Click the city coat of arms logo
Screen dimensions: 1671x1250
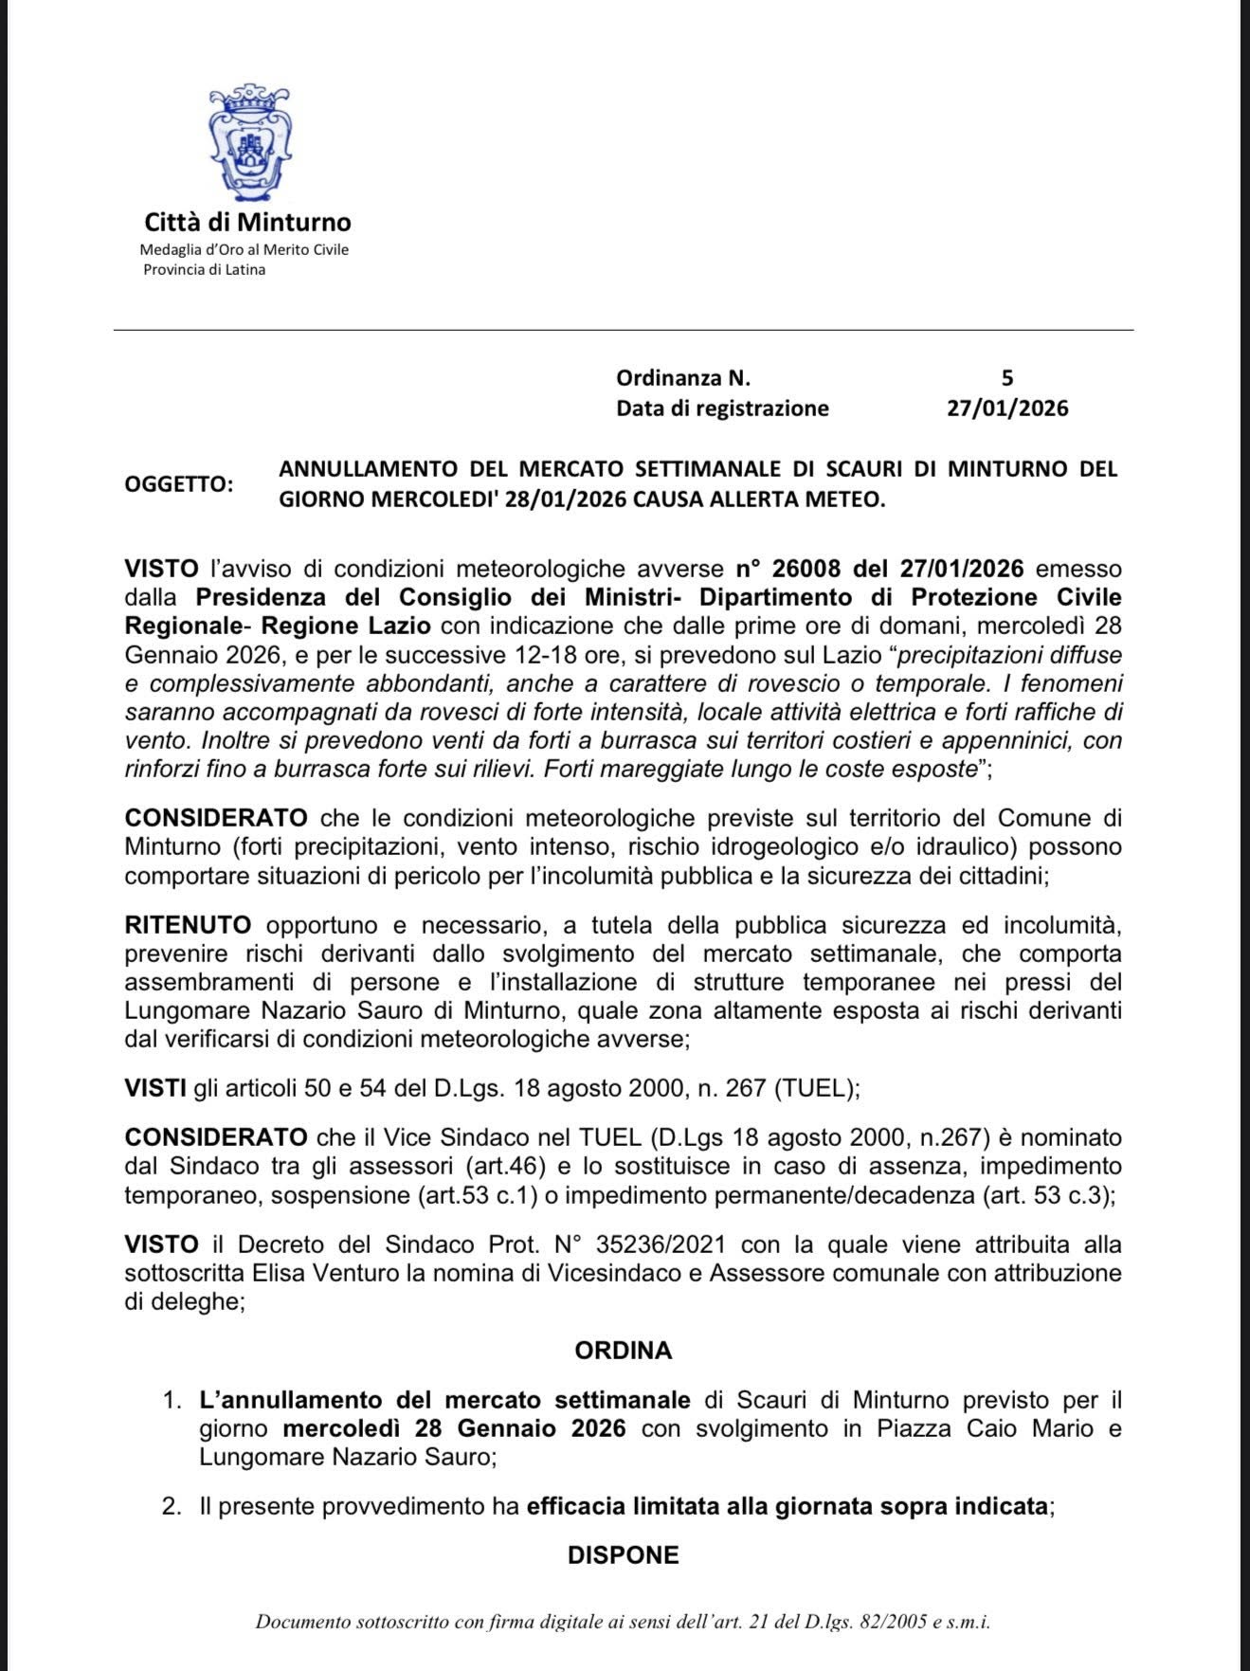249,142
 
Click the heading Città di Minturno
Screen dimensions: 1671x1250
247,223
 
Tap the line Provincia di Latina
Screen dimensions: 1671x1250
204,270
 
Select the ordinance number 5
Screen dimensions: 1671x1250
1007,378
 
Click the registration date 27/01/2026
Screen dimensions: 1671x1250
1007,409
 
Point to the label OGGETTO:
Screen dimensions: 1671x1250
178,483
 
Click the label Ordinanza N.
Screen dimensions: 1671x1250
683,378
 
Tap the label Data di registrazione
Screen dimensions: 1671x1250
722,409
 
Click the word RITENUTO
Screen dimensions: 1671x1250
188,924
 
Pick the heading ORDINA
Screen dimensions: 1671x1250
623,1351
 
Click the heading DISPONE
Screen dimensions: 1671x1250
623,1555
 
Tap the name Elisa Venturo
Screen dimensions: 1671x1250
325,1273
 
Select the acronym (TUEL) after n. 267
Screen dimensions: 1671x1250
815,1088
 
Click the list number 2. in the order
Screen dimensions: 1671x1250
172,1506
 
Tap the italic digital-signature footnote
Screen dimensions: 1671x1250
623,1622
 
